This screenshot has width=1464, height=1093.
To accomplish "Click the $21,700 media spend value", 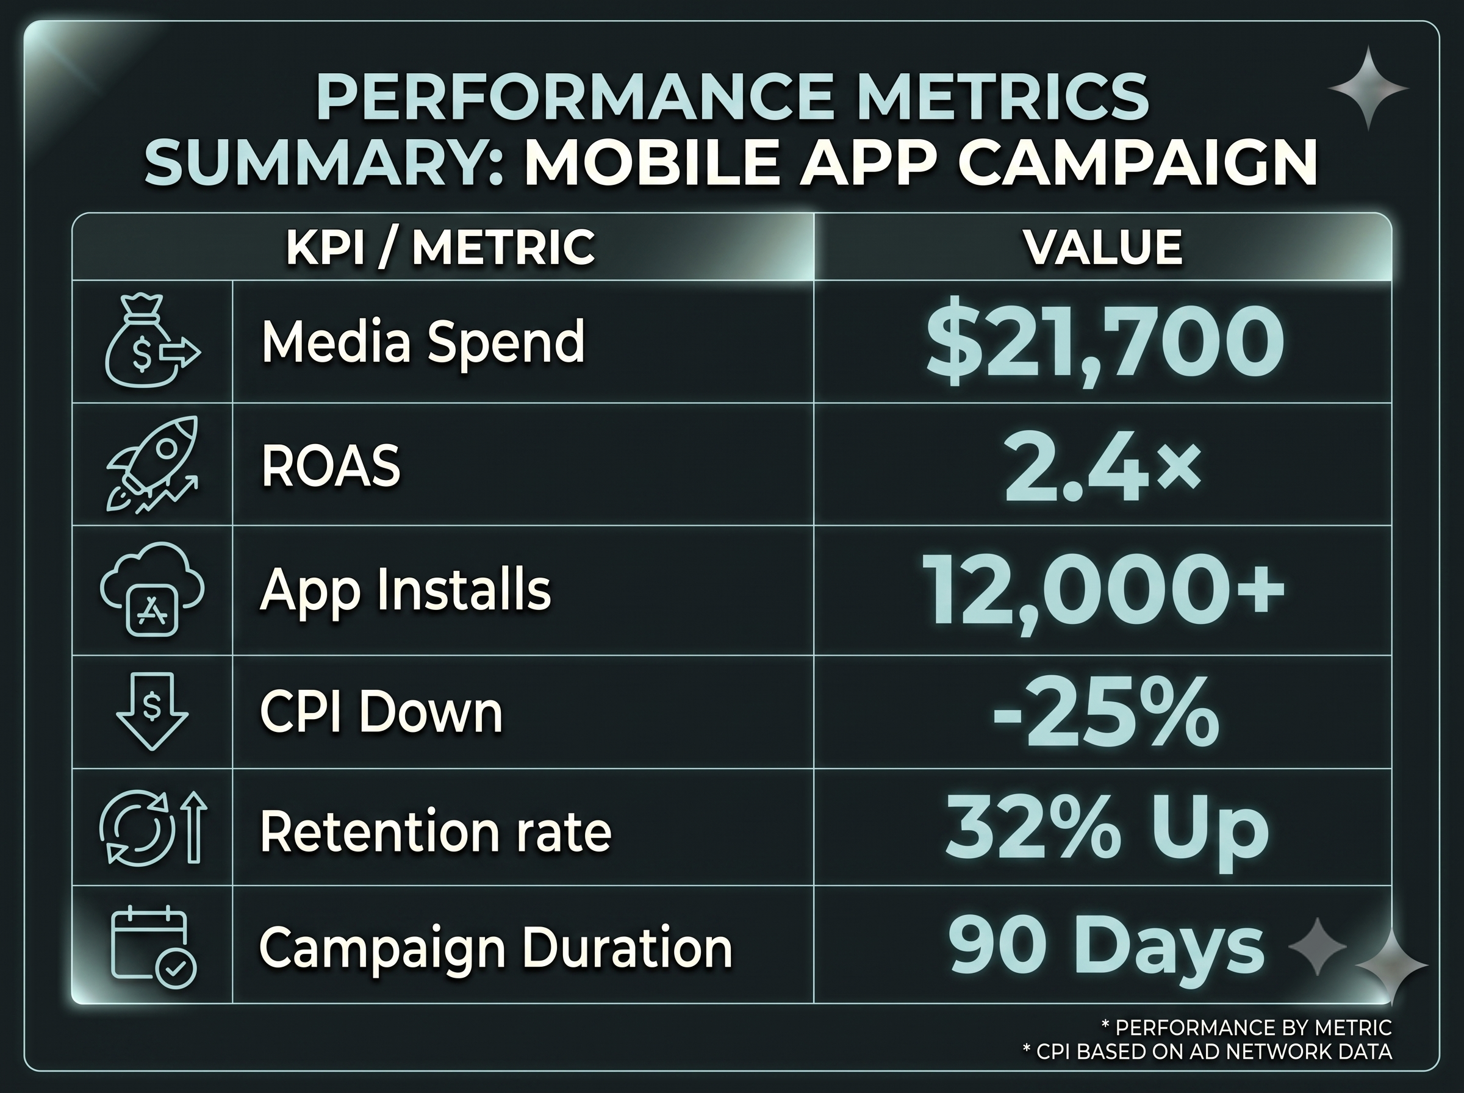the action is [1105, 343].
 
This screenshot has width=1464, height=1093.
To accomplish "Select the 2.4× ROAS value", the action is [1102, 468].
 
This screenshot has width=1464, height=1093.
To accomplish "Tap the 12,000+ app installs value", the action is [1103, 591].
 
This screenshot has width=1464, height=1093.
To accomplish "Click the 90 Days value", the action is [1105, 947].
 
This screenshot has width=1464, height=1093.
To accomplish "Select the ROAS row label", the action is [331, 466].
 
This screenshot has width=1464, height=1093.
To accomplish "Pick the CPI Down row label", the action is [381, 712].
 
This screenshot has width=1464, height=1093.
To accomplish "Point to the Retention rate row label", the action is [436, 833].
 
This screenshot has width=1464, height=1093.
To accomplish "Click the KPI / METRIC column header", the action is [440, 248].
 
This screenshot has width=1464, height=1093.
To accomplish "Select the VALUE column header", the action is [1103, 248].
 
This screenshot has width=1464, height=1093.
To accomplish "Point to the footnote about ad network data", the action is [1207, 1052].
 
